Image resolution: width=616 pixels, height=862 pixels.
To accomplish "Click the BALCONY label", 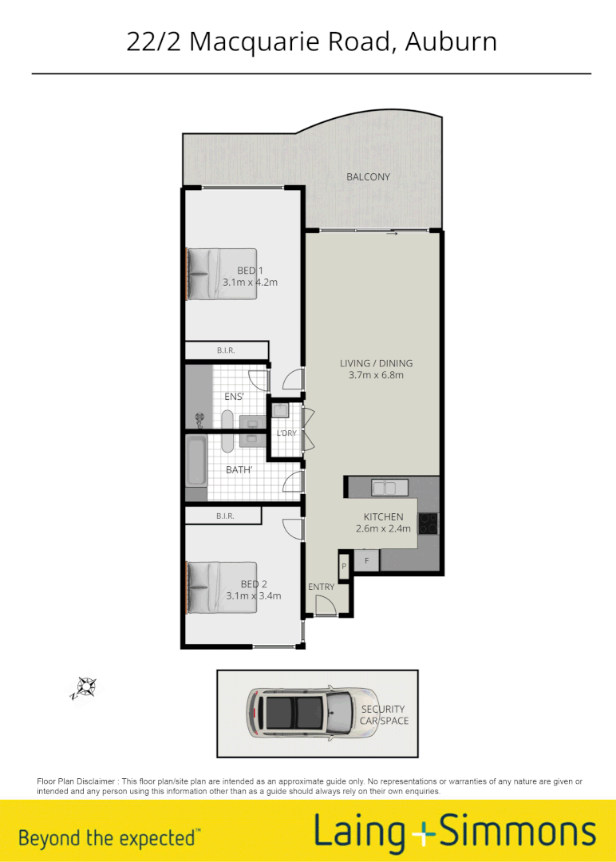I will (x=368, y=176).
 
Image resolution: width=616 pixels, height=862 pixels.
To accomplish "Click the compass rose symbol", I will (x=85, y=686).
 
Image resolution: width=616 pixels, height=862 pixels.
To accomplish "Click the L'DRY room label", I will (x=286, y=433).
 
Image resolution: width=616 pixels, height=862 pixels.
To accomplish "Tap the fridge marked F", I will (x=366, y=561).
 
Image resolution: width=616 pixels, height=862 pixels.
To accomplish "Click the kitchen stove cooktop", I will (x=428, y=523).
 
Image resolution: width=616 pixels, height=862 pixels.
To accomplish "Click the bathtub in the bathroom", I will (x=195, y=461).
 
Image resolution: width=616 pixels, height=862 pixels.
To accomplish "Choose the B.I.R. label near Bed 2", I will (x=224, y=516).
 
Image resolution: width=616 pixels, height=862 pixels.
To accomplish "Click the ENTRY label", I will (x=321, y=587).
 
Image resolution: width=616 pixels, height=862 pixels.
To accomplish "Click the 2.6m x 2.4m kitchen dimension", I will (x=383, y=528).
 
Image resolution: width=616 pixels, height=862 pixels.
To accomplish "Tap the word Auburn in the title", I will (x=451, y=42).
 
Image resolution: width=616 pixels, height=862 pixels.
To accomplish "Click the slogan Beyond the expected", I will (x=108, y=838).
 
